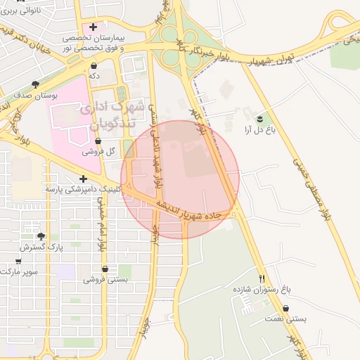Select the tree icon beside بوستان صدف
pos(35,83)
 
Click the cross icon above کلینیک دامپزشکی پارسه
pos(84,179)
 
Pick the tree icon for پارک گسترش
pos(41,237)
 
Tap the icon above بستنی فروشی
pos(105,269)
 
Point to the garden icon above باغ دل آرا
pos(260,117)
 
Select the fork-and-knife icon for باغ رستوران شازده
pos(262,278)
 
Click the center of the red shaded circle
pos(180,180)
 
